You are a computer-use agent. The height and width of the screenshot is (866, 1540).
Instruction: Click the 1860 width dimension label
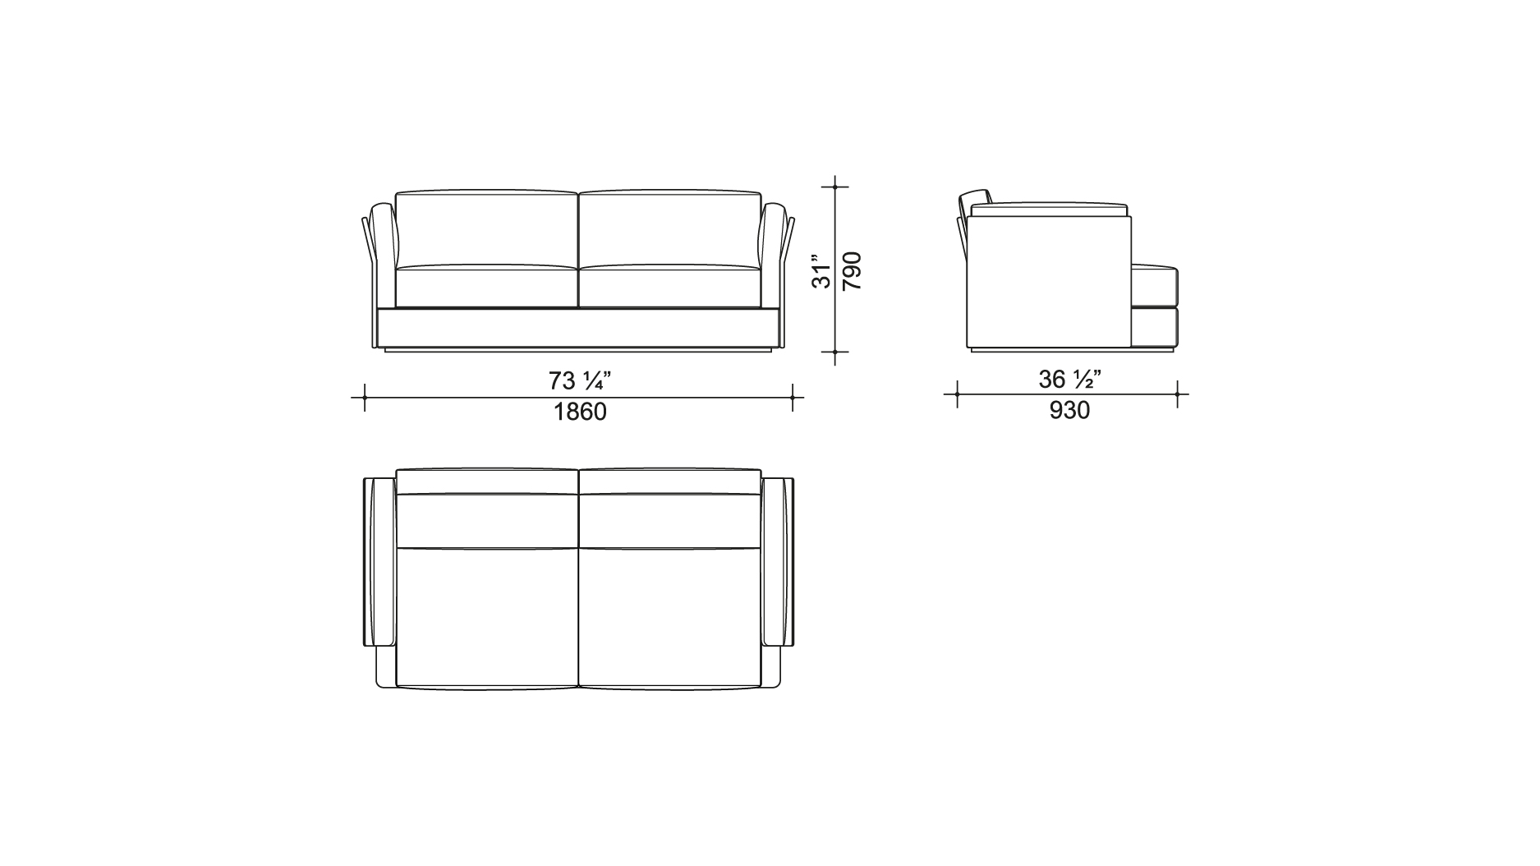coord(580,412)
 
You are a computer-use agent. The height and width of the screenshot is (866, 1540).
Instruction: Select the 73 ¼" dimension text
coord(580,381)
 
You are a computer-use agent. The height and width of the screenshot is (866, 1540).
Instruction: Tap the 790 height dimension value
coord(852,271)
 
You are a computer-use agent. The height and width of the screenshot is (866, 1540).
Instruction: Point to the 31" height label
coord(821,271)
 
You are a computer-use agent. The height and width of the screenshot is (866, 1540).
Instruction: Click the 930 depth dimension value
coord(1069,410)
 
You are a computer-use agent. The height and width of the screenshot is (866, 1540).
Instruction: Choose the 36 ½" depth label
coord(1069,380)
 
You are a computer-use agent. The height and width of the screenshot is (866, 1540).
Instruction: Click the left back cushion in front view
coord(487,228)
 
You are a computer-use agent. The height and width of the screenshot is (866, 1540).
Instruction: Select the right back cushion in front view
coord(670,228)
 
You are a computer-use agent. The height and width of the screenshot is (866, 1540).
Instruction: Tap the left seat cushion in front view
coord(487,286)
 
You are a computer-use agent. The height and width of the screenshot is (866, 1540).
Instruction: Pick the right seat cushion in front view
coord(670,286)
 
